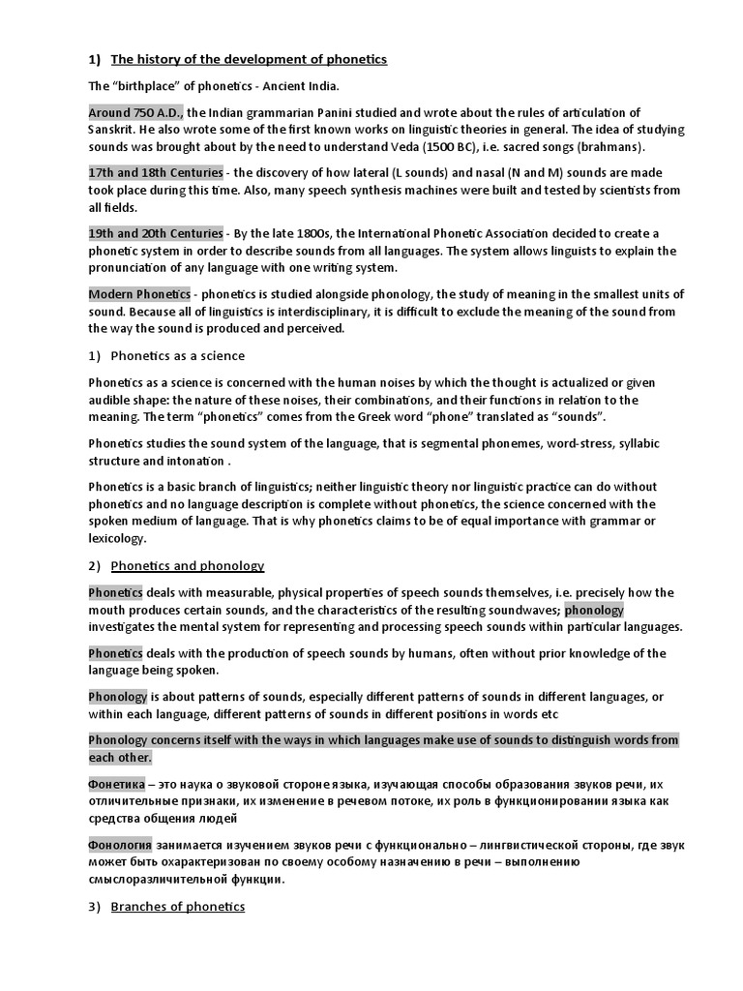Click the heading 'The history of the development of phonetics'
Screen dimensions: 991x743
point(249,60)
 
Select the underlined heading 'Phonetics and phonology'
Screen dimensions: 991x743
point(188,565)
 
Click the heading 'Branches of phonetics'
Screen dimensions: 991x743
point(178,907)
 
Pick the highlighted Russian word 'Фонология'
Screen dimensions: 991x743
point(120,846)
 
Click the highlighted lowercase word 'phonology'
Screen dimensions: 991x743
point(595,610)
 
